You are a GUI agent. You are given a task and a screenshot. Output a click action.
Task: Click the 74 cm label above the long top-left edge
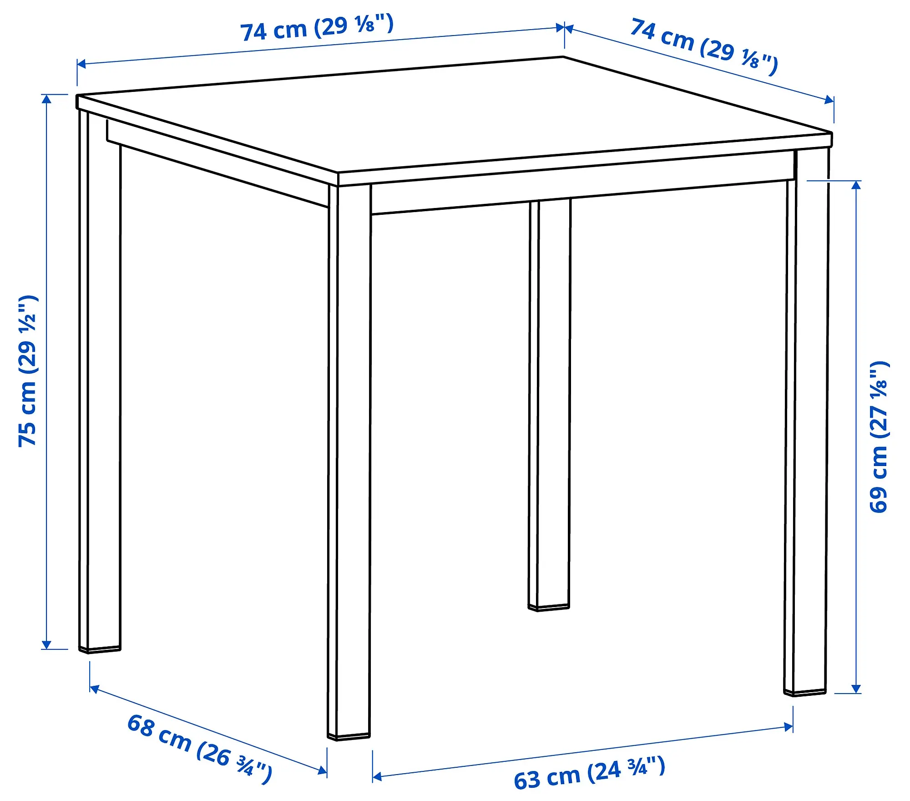click(316, 27)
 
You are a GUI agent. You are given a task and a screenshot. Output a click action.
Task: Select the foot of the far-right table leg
click(804, 693)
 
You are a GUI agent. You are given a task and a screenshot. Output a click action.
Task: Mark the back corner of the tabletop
click(563, 57)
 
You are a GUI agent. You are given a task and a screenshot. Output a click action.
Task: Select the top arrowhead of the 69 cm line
click(856, 185)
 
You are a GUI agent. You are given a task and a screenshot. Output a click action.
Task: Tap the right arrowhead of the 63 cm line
click(789, 727)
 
